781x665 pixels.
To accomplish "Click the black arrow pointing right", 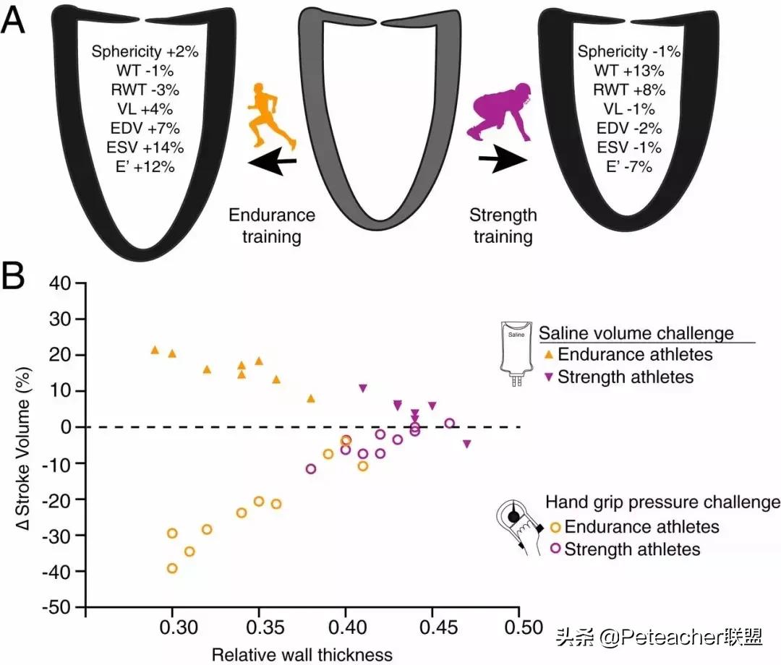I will coord(498,163).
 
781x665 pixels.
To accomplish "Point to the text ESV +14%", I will coord(137,147).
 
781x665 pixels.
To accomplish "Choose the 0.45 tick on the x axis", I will coord(432,625).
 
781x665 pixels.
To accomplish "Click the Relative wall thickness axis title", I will coord(302,655).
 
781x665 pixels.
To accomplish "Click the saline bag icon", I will coord(516,355).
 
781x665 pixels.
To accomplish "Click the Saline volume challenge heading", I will coord(636,333).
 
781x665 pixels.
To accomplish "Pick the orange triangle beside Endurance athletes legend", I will coord(548,355).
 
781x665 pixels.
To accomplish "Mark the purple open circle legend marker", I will coord(555,549).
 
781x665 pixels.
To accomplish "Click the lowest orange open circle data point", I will coord(172,568).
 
